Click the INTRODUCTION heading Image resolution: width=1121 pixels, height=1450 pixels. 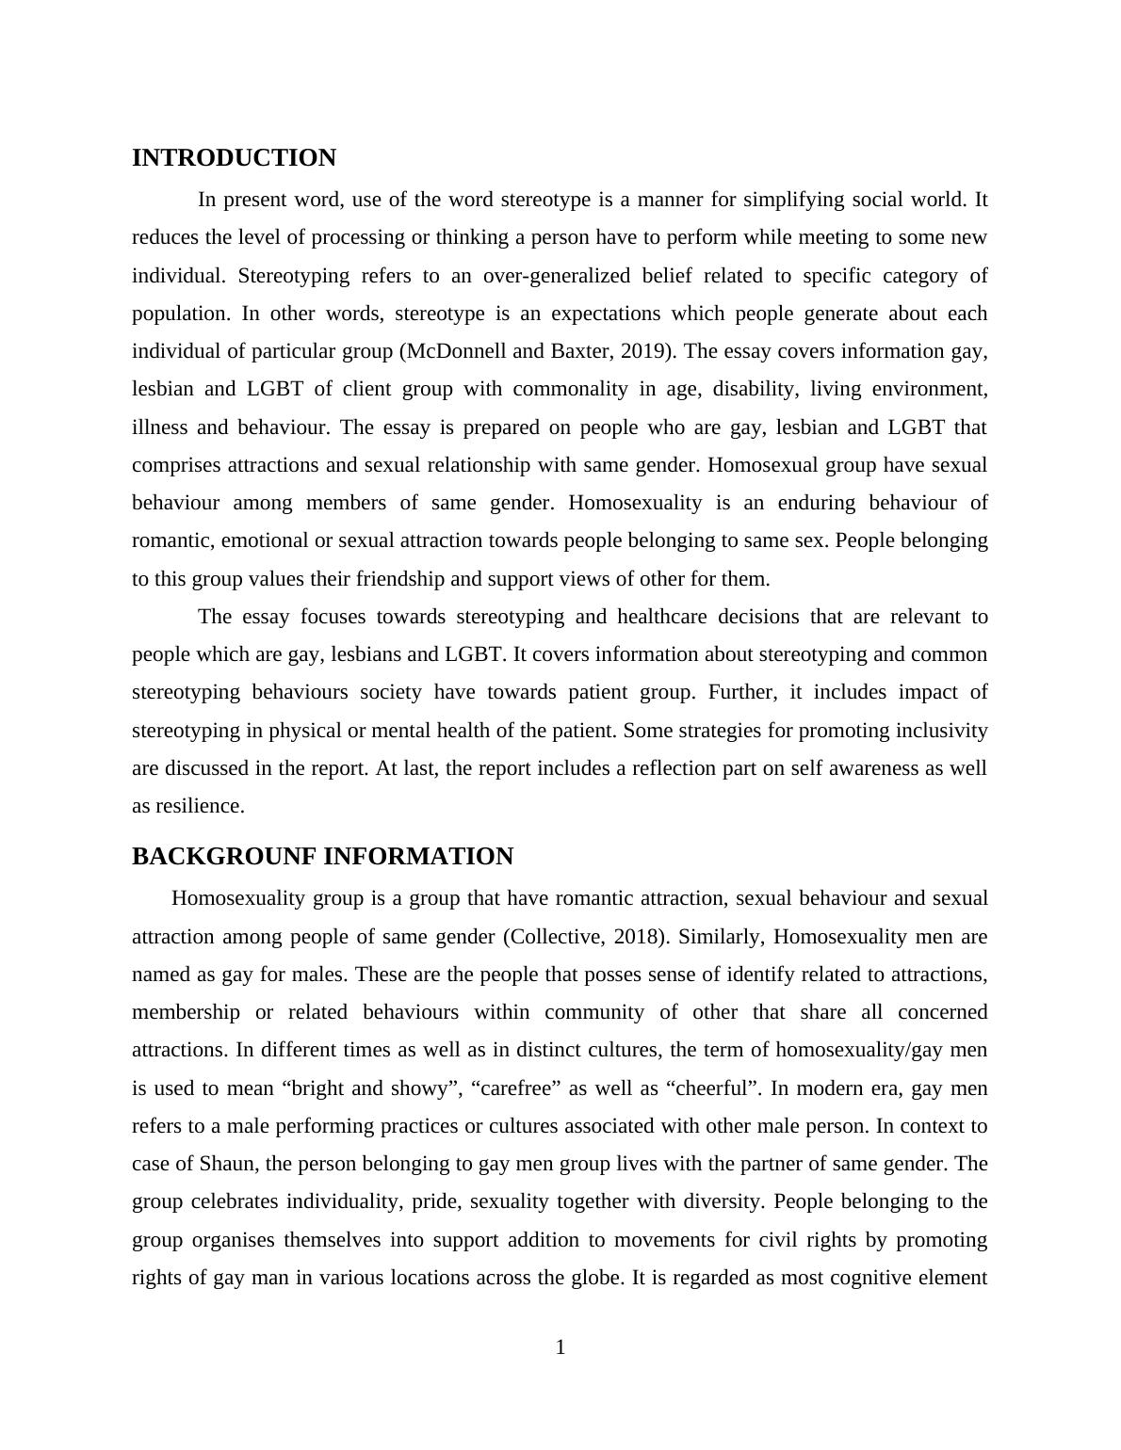pyautogui.click(x=234, y=158)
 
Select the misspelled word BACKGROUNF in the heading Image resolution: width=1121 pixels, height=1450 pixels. pyautogui.click(x=224, y=857)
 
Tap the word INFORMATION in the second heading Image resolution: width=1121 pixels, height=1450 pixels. pyautogui.click(x=418, y=857)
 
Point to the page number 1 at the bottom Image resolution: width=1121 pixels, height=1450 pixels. pyautogui.click(x=560, y=1347)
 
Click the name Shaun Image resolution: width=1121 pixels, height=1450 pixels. pyautogui.click(x=226, y=1164)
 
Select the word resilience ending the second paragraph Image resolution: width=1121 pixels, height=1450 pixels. pyautogui.click(x=203, y=806)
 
